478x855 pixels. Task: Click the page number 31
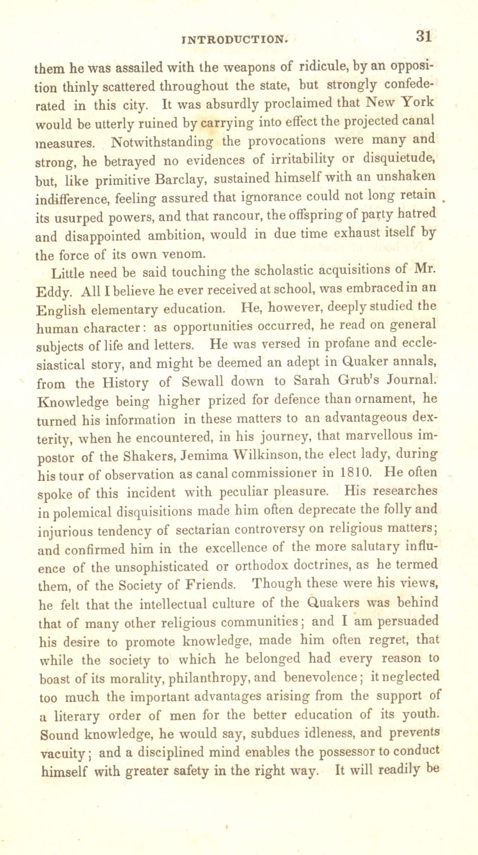tap(424, 36)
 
